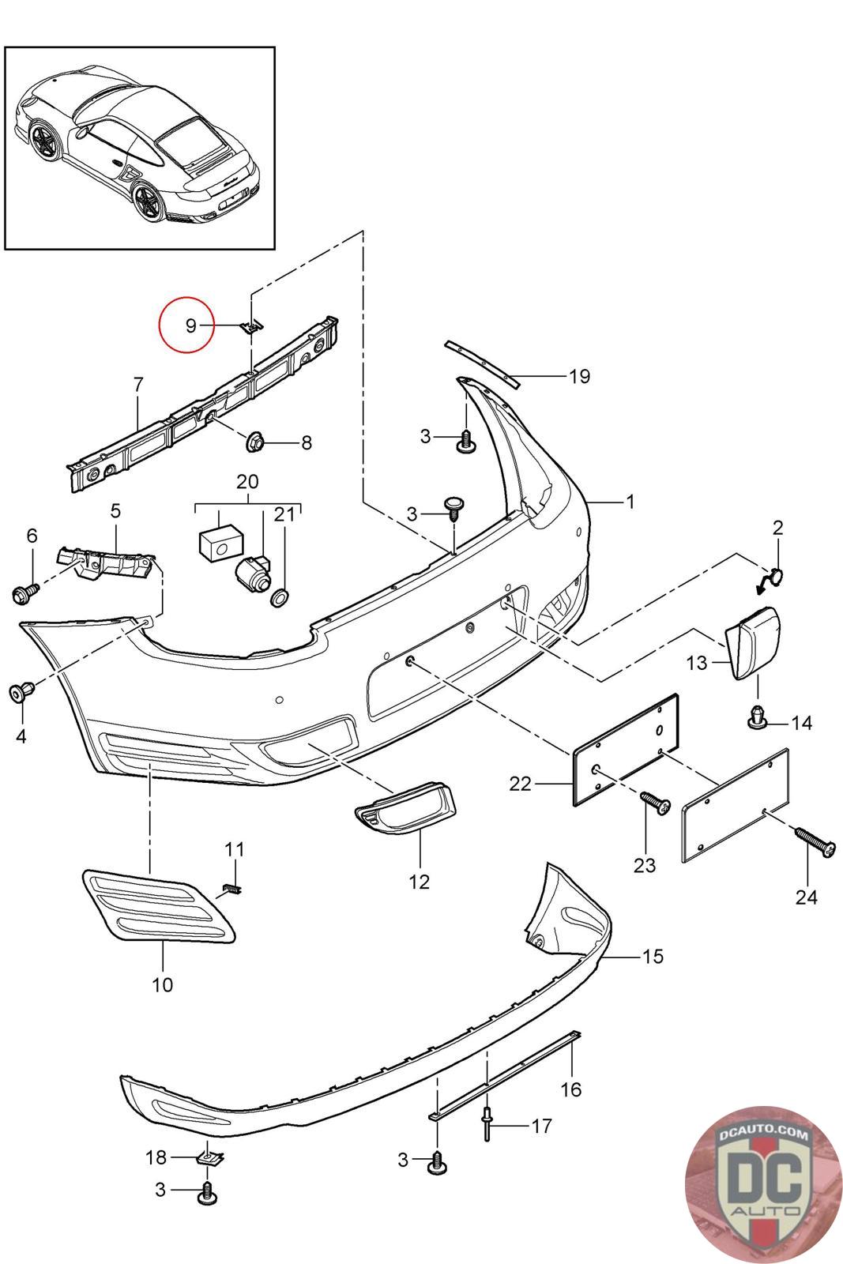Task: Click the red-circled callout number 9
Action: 190,325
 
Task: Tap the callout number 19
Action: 579,376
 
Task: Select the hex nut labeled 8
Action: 254,441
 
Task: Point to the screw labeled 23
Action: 655,801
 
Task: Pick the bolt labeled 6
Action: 25,593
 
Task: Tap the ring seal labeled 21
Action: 280,597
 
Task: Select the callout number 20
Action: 247,481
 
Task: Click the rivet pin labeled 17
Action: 486,1124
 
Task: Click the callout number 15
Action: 653,956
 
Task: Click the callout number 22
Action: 520,784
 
